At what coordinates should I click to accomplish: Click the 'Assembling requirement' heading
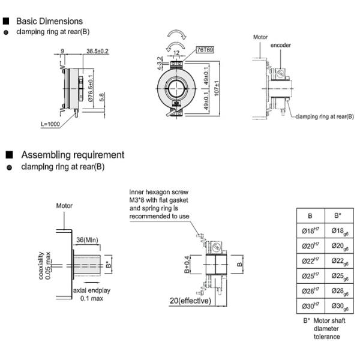(x=73, y=155)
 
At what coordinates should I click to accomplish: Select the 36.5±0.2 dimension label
(x=97, y=52)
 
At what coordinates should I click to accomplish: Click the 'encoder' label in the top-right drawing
(x=281, y=46)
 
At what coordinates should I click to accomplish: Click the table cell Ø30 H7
(x=310, y=307)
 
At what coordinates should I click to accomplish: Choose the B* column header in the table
(x=337, y=215)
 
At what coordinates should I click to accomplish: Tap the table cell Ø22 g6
(x=337, y=262)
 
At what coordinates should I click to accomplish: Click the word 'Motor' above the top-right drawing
(x=260, y=37)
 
